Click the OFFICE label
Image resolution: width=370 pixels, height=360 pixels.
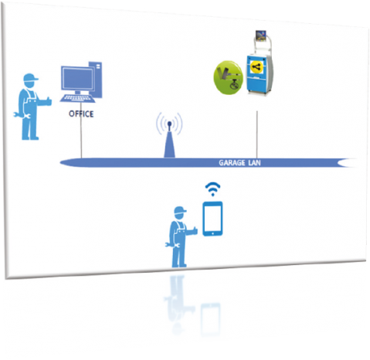tap(81, 114)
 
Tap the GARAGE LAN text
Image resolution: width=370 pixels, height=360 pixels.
tap(239, 163)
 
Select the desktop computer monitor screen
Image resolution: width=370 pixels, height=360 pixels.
tap(78, 78)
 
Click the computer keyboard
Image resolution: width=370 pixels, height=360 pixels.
tap(77, 98)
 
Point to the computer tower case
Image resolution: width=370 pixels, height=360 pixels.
tap(96, 79)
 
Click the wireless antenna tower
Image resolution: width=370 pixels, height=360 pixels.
tap(169, 139)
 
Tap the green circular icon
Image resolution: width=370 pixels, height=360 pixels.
tap(229, 77)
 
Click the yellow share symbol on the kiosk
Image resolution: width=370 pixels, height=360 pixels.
tap(256, 67)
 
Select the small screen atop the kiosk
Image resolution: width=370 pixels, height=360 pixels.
tap(261, 36)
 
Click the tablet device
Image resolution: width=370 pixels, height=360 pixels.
tap(212, 219)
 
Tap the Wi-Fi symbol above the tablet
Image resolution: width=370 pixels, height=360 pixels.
tap(212, 189)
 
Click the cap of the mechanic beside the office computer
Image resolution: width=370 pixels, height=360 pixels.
tap(30, 77)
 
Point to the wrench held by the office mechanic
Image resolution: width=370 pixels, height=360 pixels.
tap(22, 115)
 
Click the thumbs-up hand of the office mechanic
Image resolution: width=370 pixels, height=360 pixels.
tap(47, 101)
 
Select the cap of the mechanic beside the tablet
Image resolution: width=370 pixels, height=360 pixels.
tap(180, 210)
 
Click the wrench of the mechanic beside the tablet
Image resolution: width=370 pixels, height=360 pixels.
tap(172, 245)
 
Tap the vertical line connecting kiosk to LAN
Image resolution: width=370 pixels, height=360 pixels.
tap(256, 134)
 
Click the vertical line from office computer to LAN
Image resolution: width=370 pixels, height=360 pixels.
tap(81, 130)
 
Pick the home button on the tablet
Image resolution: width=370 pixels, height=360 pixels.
tap(212, 233)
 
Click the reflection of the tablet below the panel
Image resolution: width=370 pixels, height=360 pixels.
tap(211, 319)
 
